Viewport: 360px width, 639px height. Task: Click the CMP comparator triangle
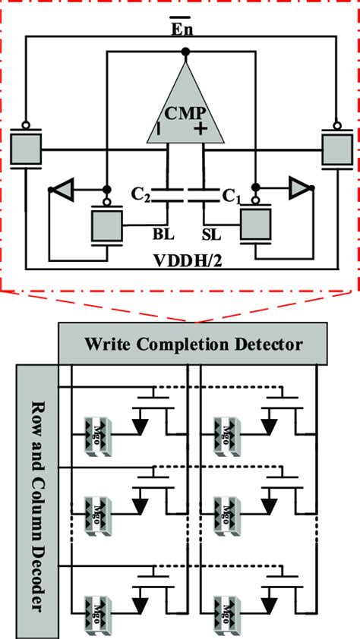[x=185, y=114]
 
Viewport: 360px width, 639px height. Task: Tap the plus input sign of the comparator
[x=201, y=130]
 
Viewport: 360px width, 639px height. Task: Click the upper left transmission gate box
[x=26, y=148]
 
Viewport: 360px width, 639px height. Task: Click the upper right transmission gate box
[x=336, y=148]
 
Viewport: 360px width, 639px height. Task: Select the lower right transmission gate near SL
[x=256, y=226]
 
